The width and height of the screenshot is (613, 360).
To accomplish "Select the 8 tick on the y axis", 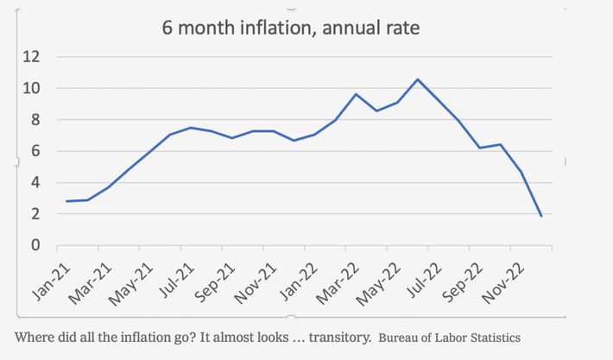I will coord(36,120).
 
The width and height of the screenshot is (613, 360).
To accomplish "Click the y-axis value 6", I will coord(36,151).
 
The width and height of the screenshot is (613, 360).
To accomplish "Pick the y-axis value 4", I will coord(36,182).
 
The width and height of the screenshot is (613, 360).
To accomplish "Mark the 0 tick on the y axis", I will coord(36,245).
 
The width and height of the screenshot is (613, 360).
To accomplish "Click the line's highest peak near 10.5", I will coord(417,79).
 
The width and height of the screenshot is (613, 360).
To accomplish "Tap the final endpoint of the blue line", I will coord(541,216).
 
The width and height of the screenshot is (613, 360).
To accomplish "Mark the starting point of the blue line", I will coord(66,201).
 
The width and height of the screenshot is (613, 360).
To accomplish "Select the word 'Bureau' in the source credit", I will coord(401,337).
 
